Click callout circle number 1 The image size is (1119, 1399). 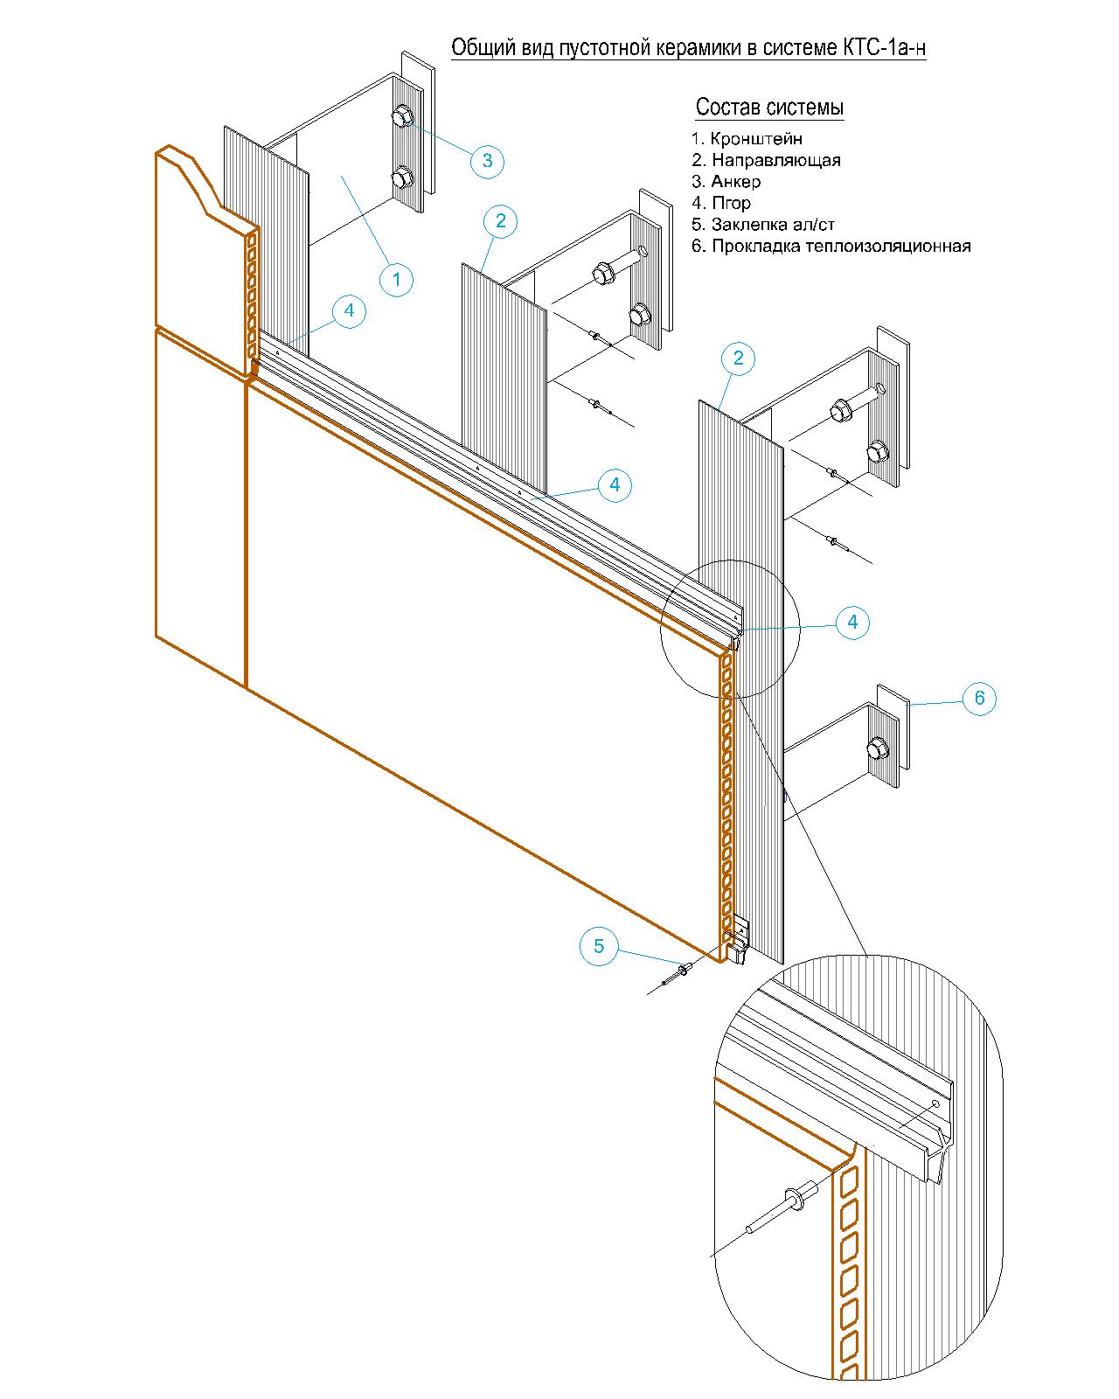tap(396, 280)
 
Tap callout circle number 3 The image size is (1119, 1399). tap(487, 161)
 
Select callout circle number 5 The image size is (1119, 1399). tap(598, 946)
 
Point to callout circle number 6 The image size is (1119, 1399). tap(978, 699)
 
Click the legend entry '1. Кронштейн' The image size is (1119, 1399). tap(747, 138)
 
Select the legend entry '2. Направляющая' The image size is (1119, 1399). tap(766, 160)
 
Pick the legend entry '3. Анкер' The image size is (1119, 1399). tap(726, 181)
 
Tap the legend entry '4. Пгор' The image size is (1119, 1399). tap(721, 204)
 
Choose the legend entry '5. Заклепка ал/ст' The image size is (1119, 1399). tap(762, 225)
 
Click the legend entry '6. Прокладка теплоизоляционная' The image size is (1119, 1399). tap(831, 247)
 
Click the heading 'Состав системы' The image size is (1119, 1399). tap(769, 108)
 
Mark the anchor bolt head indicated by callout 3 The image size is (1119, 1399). tap(401, 118)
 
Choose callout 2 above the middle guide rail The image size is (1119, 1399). tap(500, 221)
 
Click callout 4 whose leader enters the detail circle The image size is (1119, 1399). tap(851, 623)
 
